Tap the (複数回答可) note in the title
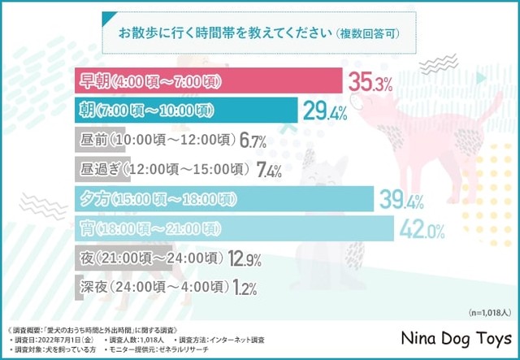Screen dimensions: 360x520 (x=369, y=36)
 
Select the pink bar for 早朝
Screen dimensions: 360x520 (x=206, y=82)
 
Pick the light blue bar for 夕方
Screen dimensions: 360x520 (x=223, y=198)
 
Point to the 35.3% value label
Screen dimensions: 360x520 (x=370, y=81)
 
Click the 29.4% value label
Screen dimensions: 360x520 (x=326, y=111)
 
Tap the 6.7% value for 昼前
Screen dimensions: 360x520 (x=253, y=141)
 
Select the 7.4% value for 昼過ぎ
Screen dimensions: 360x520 (x=268, y=170)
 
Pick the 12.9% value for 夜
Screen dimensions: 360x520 (x=244, y=258)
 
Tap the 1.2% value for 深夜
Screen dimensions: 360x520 (x=243, y=288)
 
